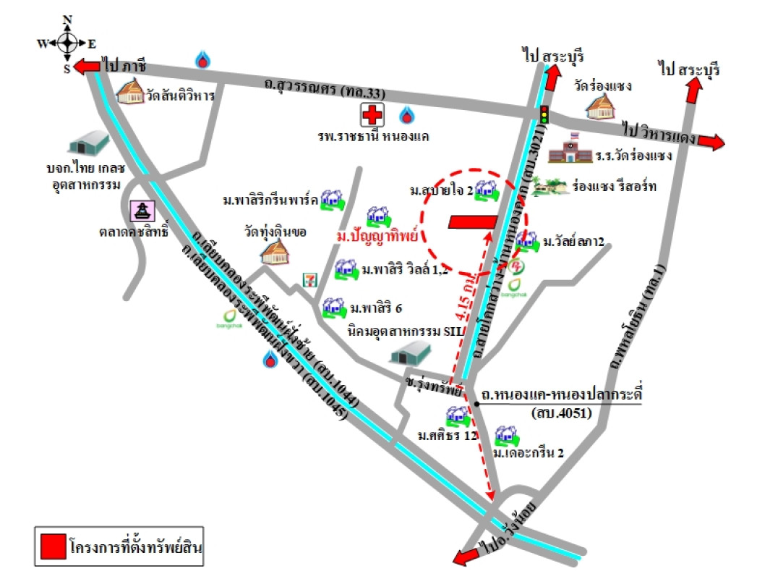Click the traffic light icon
(544, 114)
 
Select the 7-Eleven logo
(309, 278)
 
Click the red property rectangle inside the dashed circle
(472, 223)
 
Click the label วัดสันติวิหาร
(180, 95)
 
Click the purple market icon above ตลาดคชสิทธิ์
(141, 211)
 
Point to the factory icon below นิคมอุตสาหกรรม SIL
(409, 353)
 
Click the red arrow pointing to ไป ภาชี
(86, 67)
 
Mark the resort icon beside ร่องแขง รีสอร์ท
(550, 187)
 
